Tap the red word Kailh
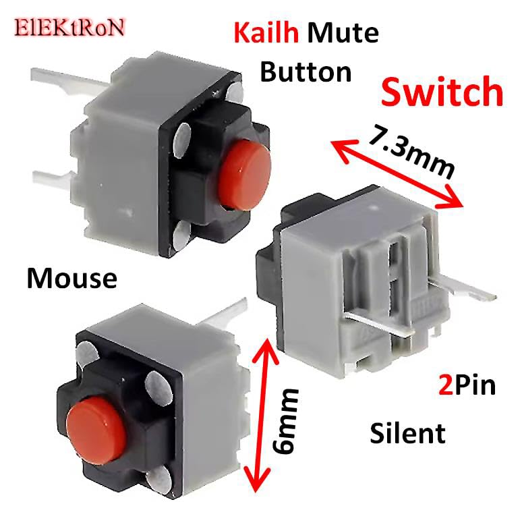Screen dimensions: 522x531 coord(266,33)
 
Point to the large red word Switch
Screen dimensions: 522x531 coord(442,92)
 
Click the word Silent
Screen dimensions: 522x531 coord(407,433)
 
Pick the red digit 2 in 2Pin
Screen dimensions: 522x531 coord(443,386)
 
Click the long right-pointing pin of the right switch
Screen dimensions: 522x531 coord(472,292)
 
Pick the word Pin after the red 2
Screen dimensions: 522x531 coord(475,386)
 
